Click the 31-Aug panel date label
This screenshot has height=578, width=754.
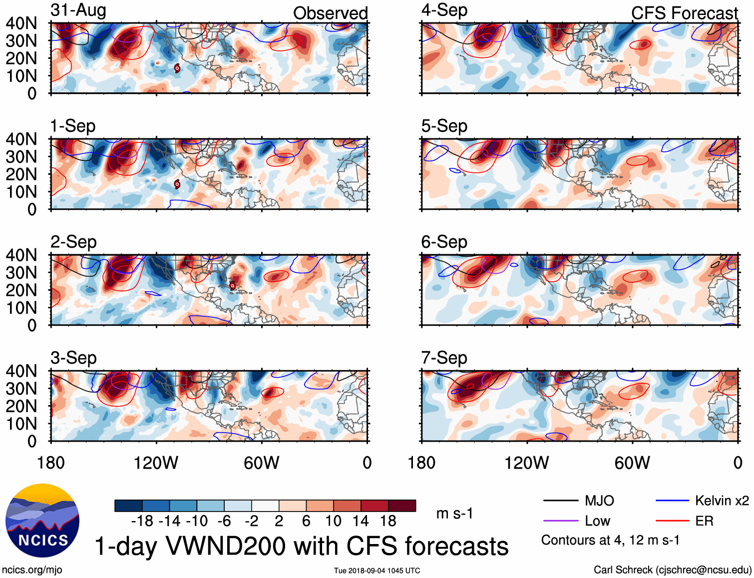click(78, 10)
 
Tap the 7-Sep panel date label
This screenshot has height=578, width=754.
click(444, 358)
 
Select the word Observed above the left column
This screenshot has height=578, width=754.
click(330, 13)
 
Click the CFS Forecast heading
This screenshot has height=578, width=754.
click(684, 13)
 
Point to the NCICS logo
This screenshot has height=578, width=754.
click(42, 521)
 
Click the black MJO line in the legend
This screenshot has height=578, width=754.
click(560, 501)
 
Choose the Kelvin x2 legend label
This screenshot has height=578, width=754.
click(722, 501)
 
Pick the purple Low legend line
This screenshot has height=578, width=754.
click(560, 521)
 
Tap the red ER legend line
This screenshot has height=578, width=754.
click(672, 521)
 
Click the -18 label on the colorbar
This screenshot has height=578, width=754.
click(142, 522)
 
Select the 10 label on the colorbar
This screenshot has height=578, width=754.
click(333, 522)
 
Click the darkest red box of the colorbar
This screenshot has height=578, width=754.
click(402, 506)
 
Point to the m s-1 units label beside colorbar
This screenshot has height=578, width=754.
click(454, 514)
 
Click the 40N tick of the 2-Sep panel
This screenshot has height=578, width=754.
click(21, 255)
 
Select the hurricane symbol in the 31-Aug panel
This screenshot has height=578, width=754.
click(177, 68)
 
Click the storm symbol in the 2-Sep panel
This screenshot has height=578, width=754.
click(233, 286)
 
